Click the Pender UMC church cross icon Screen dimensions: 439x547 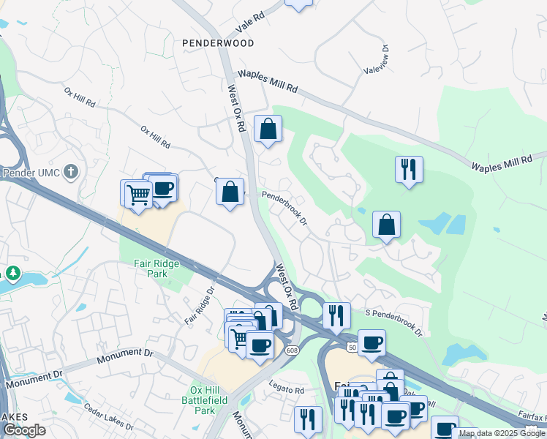(70, 172)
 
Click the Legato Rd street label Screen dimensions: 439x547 (286, 391)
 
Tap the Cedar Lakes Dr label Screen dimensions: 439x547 (108, 417)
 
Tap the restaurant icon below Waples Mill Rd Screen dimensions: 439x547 (408, 169)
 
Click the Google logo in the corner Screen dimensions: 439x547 (24, 431)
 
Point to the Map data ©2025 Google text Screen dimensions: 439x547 (502, 433)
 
